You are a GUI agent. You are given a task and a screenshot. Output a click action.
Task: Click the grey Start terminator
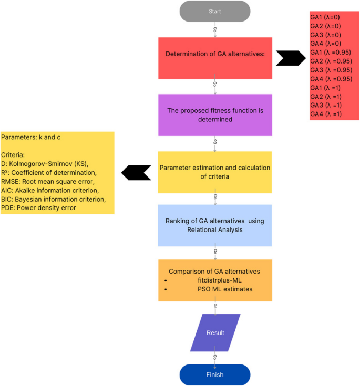click(x=215, y=12)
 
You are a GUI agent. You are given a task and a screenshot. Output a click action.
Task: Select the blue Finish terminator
click(x=215, y=374)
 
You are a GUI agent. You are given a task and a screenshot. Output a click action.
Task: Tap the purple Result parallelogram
click(x=215, y=332)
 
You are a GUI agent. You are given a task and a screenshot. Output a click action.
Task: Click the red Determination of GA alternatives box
click(x=215, y=54)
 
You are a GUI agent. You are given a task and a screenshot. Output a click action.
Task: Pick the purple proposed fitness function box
click(x=215, y=114)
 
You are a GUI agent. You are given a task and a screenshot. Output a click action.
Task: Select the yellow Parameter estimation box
click(x=215, y=172)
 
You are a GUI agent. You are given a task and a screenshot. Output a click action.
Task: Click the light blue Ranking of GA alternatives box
click(x=215, y=225)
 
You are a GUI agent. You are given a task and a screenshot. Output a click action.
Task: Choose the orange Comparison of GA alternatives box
click(x=215, y=280)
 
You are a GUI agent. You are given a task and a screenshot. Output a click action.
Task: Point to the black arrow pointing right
click(x=291, y=58)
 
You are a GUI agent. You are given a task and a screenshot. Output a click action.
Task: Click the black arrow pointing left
click(x=136, y=172)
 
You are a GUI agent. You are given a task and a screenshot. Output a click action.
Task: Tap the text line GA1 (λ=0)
click(x=326, y=17)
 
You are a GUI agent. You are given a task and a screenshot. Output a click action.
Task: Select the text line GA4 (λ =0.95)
click(x=331, y=79)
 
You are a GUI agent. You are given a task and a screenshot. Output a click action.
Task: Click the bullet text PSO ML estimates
click(x=213, y=289)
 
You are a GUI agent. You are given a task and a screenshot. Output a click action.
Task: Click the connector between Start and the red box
click(x=215, y=30)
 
